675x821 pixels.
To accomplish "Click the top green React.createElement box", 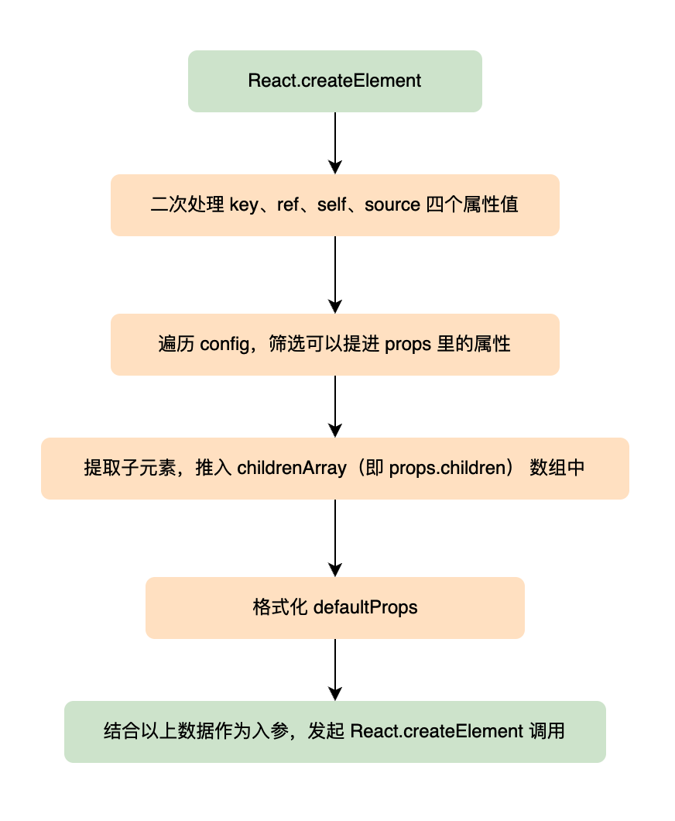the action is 335,81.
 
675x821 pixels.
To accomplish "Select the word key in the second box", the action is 244,204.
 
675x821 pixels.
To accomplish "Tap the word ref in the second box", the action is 288,204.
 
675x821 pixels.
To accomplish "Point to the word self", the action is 331,204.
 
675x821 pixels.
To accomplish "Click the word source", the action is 392,204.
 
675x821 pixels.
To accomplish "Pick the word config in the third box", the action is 225,345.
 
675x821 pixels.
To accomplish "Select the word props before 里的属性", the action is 408,345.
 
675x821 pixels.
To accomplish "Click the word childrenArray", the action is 292,468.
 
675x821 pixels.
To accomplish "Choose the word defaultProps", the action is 365,607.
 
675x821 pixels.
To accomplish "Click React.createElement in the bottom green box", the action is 437,731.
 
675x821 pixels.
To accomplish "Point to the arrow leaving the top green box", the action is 335,143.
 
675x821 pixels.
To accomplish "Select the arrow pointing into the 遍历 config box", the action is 335,275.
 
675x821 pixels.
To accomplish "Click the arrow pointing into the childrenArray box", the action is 335,407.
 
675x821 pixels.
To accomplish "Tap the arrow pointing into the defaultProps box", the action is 335,538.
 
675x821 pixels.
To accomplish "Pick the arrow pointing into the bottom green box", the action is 335,670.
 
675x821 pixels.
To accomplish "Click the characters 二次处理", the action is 187,204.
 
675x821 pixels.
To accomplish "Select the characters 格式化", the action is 280,607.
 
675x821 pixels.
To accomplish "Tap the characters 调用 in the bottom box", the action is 547,731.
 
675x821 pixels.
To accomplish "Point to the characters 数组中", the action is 557,468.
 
